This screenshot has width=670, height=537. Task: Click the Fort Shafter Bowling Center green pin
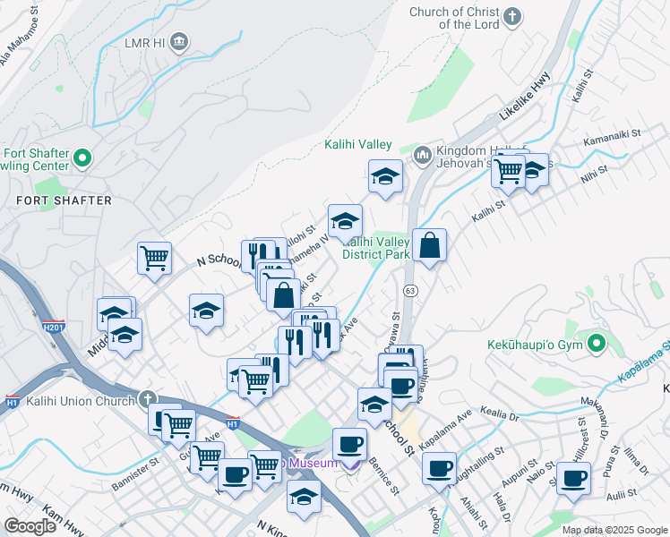click(x=83, y=158)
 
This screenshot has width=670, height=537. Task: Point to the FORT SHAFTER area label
click(x=63, y=200)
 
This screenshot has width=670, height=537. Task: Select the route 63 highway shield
click(x=410, y=291)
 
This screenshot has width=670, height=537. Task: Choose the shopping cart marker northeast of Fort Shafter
click(x=154, y=258)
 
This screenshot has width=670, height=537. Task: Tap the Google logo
click(x=30, y=526)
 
